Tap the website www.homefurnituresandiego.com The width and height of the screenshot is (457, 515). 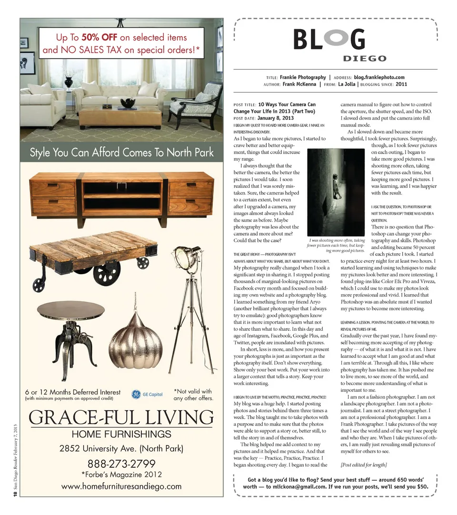pyautogui.click(x=121, y=486)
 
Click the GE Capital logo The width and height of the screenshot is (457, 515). pyautogui.click(x=147, y=394)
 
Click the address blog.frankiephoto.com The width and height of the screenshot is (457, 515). pyautogui.click(x=379, y=77)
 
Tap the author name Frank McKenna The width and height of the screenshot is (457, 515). pyautogui.click(x=299, y=84)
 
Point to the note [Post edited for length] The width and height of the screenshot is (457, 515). pyautogui.click(x=364, y=465)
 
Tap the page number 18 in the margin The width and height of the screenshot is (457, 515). pyautogui.click(x=15, y=495)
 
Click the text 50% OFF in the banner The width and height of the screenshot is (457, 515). pyautogui.click(x=99, y=38)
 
